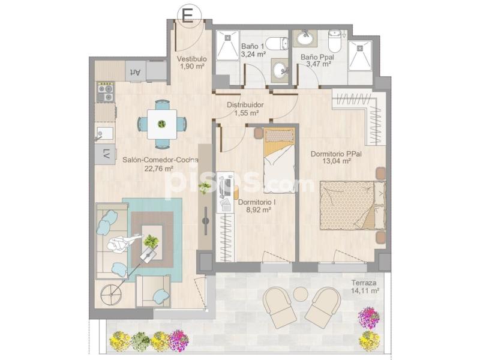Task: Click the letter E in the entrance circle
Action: click(188, 16)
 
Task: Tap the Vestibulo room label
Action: click(191, 59)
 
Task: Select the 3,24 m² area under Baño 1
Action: click(253, 55)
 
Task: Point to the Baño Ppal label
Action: click(317, 57)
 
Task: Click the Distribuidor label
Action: click(245, 104)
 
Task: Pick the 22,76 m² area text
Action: click(159, 168)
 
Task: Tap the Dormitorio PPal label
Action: click(336, 154)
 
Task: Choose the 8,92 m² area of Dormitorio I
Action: click(259, 210)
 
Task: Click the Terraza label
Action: click(364, 283)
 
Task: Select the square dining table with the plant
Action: click(162, 124)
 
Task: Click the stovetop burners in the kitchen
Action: click(106, 92)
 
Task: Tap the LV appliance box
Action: click(105, 154)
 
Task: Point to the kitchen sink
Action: click(104, 134)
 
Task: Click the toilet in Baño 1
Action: click(277, 44)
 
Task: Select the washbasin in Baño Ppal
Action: click(305, 38)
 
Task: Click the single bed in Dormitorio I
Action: click(279, 160)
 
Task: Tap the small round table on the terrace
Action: click(301, 294)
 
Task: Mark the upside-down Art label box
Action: click(136, 71)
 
